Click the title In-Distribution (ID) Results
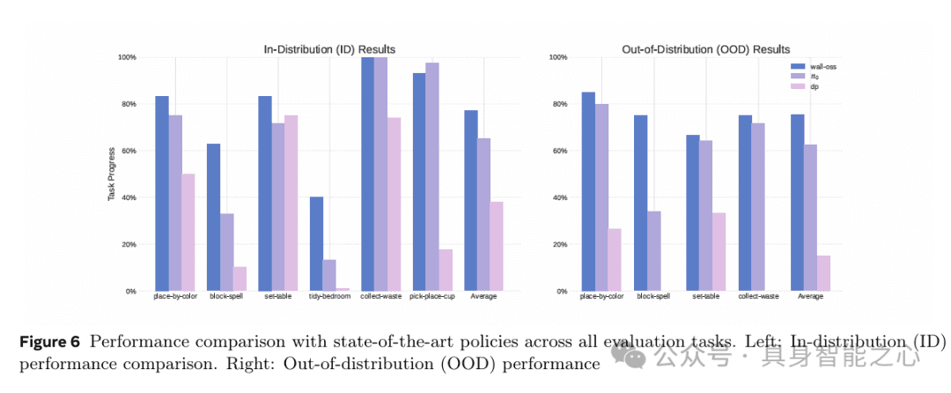[329, 49]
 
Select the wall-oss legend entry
[821, 65]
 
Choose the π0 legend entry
[815, 76]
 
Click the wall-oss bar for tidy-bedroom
[316, 243]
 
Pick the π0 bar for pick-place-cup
[431, 176]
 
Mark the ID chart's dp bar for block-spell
[240, 278]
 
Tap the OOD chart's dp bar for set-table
[719, 251]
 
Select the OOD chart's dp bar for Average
[823, 273]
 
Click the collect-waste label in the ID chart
[381, 296]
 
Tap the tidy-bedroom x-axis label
[329, 296]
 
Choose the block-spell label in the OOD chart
[652, 296]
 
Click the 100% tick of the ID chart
[127, 57]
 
